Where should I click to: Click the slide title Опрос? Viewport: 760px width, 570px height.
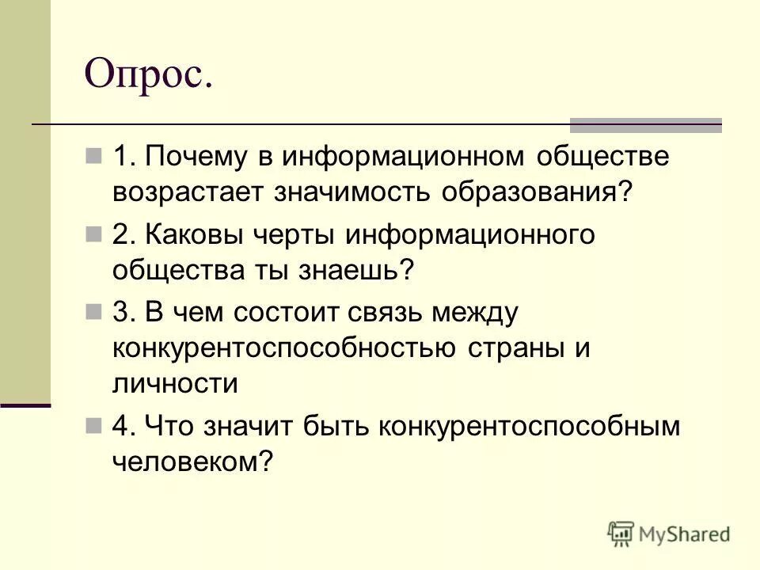pyautogui.click(x=149, y=76)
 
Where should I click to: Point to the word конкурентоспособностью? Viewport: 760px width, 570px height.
pyautogui.click(x=283, y=348)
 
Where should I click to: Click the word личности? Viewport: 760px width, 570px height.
pyautogui.click(x=175, y=384)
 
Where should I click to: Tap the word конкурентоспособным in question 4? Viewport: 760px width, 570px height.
pyautogui.click(x=530, y=426)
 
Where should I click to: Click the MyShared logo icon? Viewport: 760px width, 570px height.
pyautogui.click(x=622, y=534)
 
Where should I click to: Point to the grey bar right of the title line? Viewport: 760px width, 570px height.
pyautogui.click(x=646, y=125)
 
